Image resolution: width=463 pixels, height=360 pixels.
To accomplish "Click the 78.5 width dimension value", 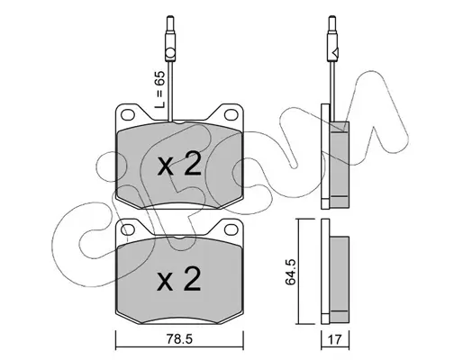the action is [179, 339].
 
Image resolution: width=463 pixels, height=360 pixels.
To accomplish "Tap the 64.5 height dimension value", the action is [291, 272].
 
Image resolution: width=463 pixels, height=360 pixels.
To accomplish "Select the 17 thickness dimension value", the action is [335, 339].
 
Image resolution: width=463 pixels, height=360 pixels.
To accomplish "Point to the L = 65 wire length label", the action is [159, 90].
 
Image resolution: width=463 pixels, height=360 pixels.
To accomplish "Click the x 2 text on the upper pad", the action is [179, 164].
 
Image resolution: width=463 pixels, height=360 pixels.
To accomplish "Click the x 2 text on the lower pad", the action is [179, 279].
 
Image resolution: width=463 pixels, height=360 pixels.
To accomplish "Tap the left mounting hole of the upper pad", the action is [127, 114].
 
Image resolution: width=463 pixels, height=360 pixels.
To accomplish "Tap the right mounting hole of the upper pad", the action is [231, 114].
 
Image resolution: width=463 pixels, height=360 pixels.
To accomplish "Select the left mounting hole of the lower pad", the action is [127, 229].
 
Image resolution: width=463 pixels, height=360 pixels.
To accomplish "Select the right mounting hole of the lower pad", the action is [231, 229].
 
